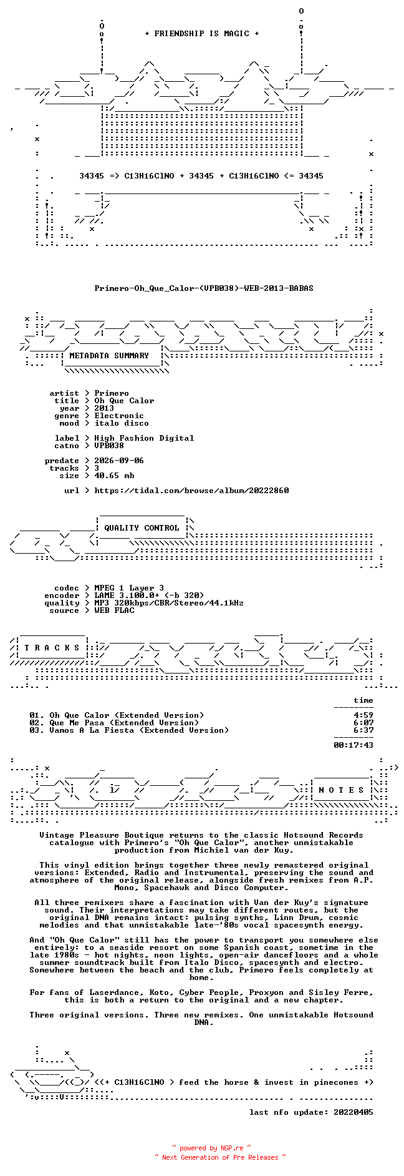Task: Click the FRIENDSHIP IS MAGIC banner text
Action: click(201, 34)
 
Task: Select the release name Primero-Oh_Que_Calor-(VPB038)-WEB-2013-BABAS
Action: click(204, 288)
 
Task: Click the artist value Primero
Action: click(112, 393)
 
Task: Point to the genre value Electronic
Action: click(119, 416)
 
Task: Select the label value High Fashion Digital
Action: click(144, 438)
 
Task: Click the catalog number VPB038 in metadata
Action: click(109, 446)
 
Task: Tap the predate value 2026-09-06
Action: click(119, 461)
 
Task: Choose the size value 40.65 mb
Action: click(114, 476)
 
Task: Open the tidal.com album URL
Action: click(191, 491)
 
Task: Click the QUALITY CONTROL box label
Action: click(142, 528)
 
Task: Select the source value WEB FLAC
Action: click(114, 610)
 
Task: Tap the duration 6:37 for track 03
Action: click(363, 730)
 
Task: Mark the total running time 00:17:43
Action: click(353, 745)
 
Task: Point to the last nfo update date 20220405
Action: click(353, 1112)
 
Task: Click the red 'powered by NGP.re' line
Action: click(212, 1148)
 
